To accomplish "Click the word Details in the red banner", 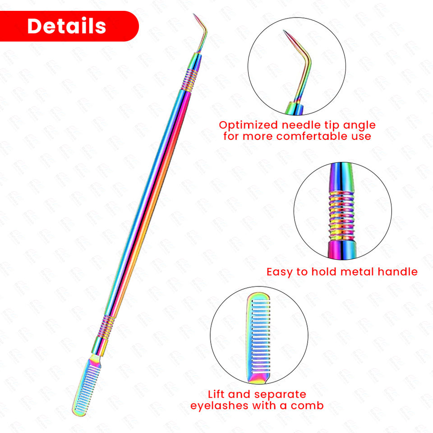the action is click(67, 26).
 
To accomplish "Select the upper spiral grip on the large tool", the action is click(190, 80).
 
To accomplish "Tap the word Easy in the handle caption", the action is click(281, 272).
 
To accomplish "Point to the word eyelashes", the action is click(219, 405).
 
